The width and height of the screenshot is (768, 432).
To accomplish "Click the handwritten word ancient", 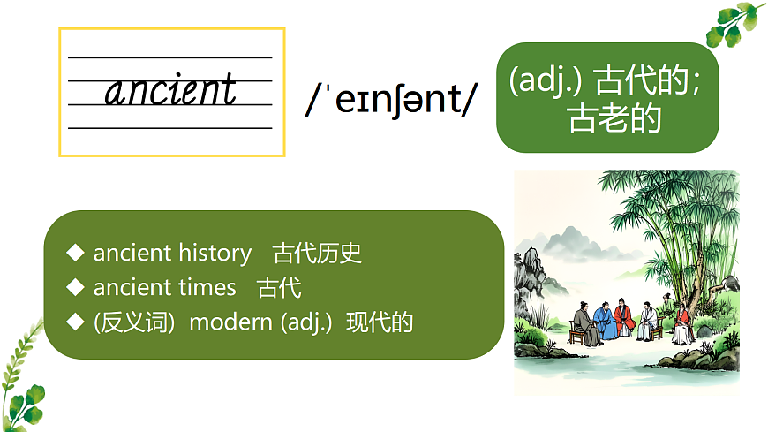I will [171, 91].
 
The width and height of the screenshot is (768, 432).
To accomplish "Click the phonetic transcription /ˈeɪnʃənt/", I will [389, 101].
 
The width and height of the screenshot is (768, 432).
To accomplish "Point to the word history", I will [215, 253].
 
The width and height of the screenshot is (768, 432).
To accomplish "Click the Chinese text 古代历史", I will [318, 253].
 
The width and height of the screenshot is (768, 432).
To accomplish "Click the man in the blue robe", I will [603, 320].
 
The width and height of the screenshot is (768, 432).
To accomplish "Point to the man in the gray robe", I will [583, 324].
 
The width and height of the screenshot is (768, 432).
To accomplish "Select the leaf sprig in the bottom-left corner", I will [22, 380].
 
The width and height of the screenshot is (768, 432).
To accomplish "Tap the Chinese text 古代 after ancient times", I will [279, 287].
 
